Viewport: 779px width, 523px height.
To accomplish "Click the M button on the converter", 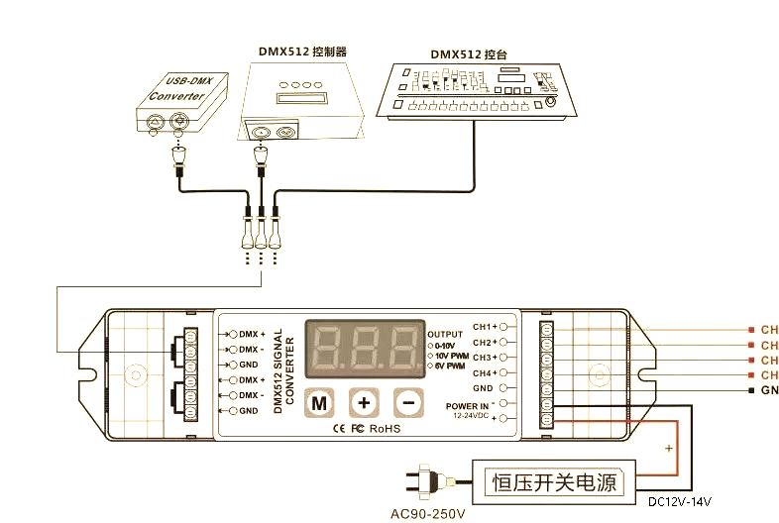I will (x=319, y=403).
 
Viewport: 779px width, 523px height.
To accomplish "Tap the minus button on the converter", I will (x=407, y=403).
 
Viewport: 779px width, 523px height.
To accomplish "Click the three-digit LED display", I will (x=364, y=350).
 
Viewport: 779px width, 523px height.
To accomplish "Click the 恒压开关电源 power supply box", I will (x=554, y=482).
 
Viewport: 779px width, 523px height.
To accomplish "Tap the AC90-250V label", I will (x=427, y=514).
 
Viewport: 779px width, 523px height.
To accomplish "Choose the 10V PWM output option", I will (x=451, y=356).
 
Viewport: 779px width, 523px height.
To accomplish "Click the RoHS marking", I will (x=386, y=429).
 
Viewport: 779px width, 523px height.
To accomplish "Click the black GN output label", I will (x=768, y=391).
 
